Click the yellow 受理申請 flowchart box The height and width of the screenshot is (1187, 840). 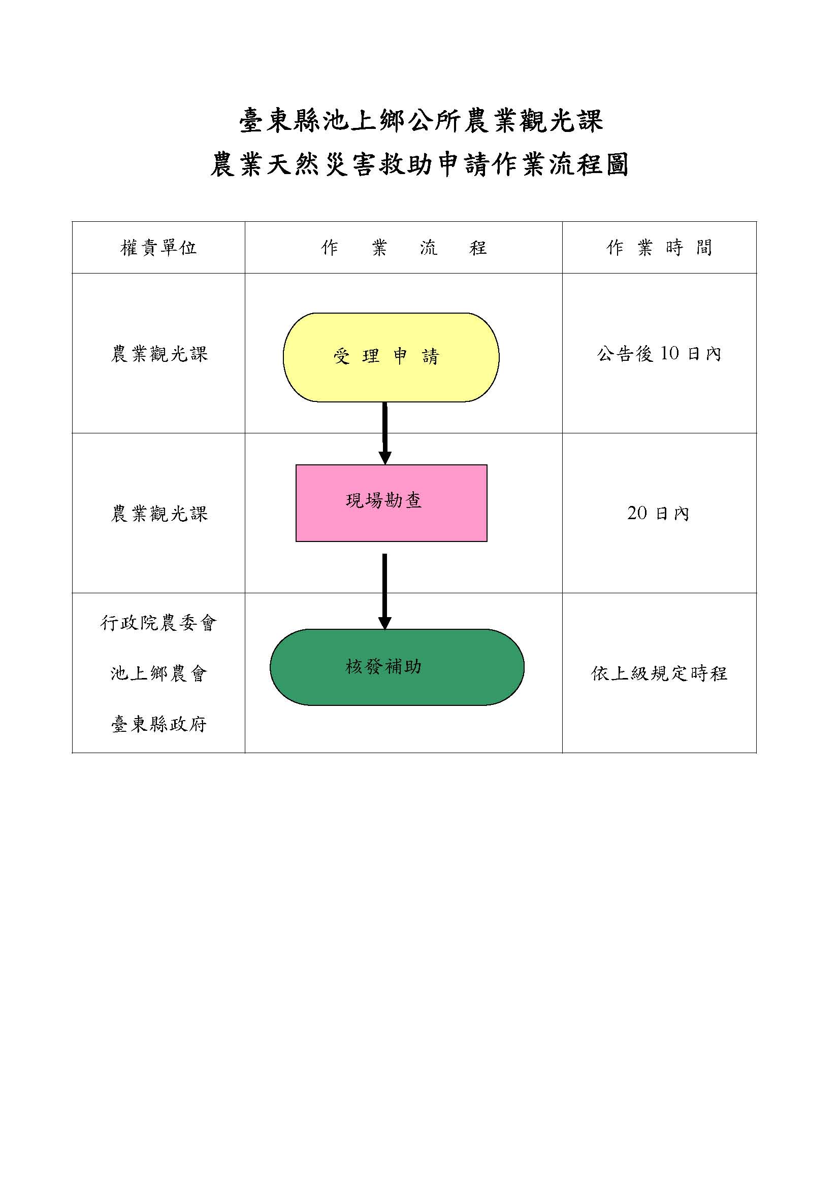(391, 357)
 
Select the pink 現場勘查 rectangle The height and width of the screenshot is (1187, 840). (392, 503)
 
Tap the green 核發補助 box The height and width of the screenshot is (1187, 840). (397, 667)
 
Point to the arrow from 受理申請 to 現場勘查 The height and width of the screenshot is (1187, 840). (385, 433)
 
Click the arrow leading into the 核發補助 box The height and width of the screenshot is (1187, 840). (385, 591)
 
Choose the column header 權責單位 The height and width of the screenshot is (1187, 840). (158, 248)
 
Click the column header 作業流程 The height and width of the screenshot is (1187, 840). (403, 248)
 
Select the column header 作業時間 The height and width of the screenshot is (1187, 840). (660, 248)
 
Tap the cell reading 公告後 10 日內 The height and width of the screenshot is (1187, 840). (660, 354)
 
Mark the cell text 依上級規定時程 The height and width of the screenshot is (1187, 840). (660, 673)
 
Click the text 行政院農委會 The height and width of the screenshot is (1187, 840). (158, 623)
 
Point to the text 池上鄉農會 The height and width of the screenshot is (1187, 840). (158, 673)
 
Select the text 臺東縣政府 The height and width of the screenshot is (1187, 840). (158, 724)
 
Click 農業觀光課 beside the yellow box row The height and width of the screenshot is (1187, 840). (159, 354)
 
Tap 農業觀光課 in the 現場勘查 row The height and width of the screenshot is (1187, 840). (159, 514)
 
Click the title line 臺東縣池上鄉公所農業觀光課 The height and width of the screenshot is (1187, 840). (421, 120)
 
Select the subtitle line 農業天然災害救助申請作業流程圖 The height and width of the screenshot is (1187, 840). (419, 164)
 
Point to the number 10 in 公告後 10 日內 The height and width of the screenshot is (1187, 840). (669, 353)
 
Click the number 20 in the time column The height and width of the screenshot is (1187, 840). (637, 513)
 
